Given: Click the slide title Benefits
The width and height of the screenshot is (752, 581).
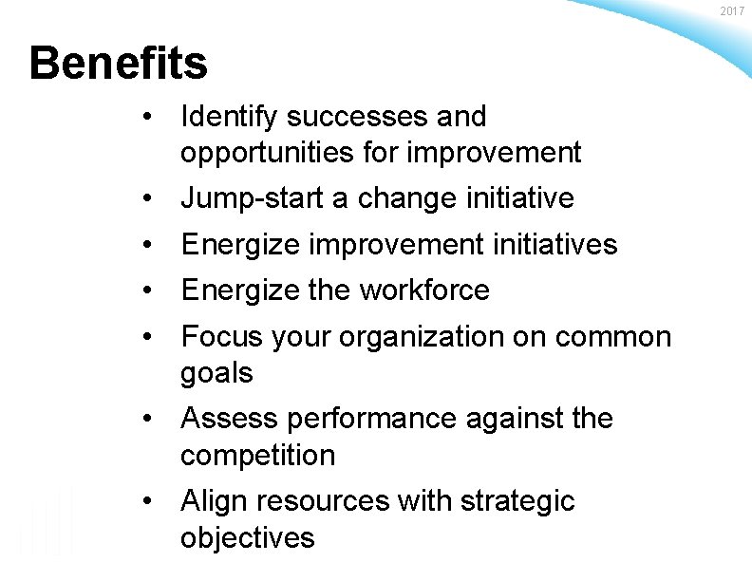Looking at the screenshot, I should (118, 65).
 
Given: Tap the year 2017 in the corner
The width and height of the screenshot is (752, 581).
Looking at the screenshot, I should (733, 10).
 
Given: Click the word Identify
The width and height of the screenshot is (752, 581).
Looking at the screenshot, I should (228, 118).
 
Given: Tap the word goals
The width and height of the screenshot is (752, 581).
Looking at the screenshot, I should (216, 373).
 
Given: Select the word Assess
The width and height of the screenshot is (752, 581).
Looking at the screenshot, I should (227, 419).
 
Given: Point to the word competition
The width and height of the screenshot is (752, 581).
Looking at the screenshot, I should (257, 456).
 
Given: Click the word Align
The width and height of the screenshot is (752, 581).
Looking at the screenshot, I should (212, 501).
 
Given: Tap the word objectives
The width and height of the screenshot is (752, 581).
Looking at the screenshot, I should (247, 537).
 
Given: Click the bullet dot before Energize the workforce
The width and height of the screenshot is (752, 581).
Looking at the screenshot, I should (148, 290).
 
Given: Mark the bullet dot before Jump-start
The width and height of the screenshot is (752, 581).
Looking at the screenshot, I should (148, 198).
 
